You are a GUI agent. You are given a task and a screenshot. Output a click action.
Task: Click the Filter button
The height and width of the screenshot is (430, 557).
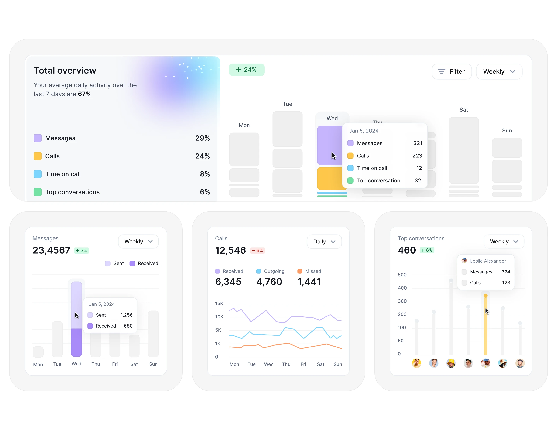tap(451, 71)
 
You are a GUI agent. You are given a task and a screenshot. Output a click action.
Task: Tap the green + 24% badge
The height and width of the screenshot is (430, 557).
tap(246, 70)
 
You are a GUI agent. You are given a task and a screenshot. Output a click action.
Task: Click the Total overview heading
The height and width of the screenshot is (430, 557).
tap(65, 71)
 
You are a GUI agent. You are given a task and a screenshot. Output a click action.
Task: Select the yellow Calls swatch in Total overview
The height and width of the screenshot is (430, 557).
tap(38, 156)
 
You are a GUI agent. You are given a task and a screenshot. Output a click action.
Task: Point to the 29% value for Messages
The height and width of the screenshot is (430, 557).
tap(202, 138)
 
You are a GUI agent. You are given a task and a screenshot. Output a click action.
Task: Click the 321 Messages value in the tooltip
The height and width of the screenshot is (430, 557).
tap(418, 143)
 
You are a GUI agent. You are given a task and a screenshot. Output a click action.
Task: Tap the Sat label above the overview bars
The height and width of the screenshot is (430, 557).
tap(463, 110)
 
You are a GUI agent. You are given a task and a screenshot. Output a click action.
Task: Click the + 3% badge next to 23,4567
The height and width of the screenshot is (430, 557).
tap(81, 250)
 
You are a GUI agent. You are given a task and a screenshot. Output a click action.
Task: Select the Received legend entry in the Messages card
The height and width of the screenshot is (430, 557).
tap(144, 263)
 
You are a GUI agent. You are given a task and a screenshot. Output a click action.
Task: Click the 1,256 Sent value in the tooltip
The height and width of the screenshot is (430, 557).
tap(126, 315)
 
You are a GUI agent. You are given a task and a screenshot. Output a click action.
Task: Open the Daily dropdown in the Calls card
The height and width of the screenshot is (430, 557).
tap(324, 241)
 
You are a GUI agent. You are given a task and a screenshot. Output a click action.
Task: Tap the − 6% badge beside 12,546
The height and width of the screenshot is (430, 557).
tap(257, 250)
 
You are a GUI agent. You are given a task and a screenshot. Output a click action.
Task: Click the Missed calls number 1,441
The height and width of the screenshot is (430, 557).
tap(309, 282)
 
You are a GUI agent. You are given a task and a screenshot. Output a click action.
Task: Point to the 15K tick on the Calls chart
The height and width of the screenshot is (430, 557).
tap(219, 303)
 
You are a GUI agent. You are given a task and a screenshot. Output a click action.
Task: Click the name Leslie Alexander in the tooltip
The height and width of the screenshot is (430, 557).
tap(488, 261)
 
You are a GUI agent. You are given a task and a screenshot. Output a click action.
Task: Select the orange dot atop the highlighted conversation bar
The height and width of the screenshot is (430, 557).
tap(485, 296)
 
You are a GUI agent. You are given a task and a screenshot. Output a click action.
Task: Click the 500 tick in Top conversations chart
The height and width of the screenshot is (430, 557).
tap(402, 275)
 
